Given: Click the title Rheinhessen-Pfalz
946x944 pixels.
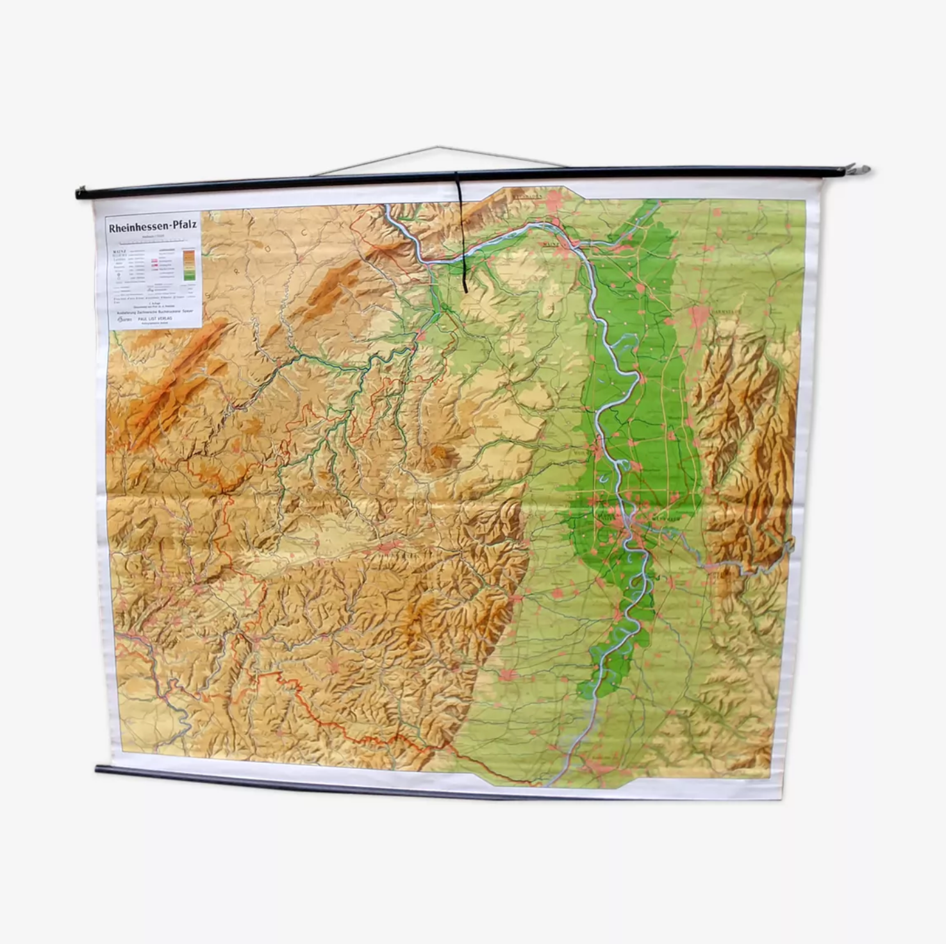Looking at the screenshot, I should click(x=153, y=226).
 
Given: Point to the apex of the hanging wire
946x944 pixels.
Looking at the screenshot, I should click(x=438, y=147).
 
